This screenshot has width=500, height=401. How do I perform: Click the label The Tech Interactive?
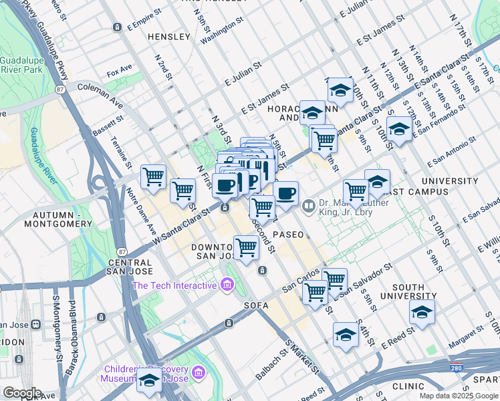174,285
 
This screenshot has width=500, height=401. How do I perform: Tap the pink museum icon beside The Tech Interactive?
227,286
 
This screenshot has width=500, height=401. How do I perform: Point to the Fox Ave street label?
120,69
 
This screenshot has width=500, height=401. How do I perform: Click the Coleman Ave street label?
100,87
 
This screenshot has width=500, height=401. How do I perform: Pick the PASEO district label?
287,235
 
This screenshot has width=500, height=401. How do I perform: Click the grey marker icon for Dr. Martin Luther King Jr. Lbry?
308,205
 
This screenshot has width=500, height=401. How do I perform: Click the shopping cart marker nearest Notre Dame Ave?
154,177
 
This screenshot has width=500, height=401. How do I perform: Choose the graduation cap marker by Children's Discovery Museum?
149,381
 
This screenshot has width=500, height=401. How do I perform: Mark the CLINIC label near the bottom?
408,386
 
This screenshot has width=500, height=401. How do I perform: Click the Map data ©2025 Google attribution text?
459,396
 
